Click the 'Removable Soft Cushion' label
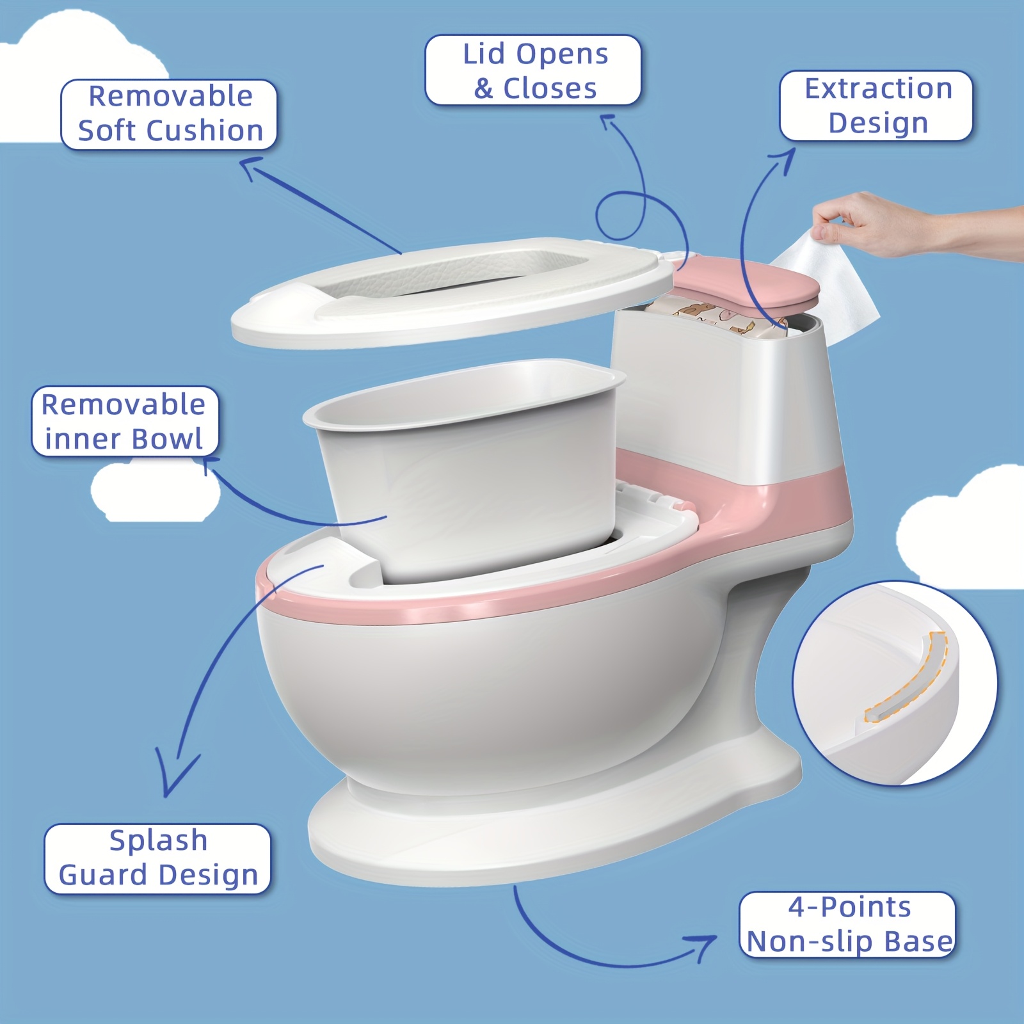pos(169,114)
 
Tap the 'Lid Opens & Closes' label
pos(533,70)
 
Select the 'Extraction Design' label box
pos(876,106)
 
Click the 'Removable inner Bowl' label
pos(125,421)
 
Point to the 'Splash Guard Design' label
pos(157,858)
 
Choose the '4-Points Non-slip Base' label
pos(847,924)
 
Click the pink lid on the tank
pos(746,282)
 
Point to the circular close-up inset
pos(895,684)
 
